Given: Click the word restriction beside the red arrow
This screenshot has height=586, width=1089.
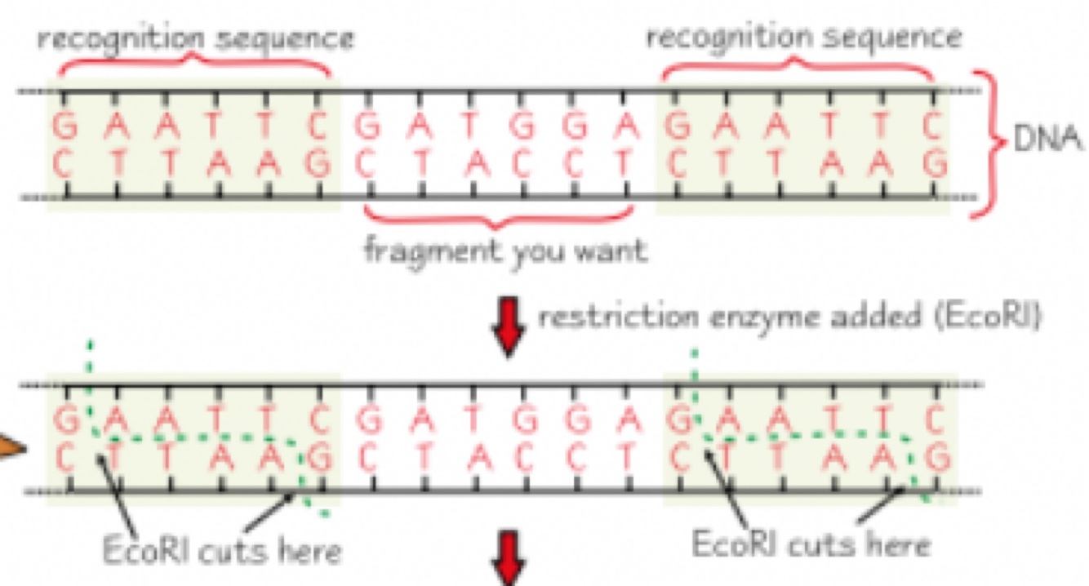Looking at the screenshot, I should (x=607, y=317).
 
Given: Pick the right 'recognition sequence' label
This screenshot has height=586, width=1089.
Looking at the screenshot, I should (x=804, y=37).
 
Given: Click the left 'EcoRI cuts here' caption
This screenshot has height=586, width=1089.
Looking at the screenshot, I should (x=221, y=551).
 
